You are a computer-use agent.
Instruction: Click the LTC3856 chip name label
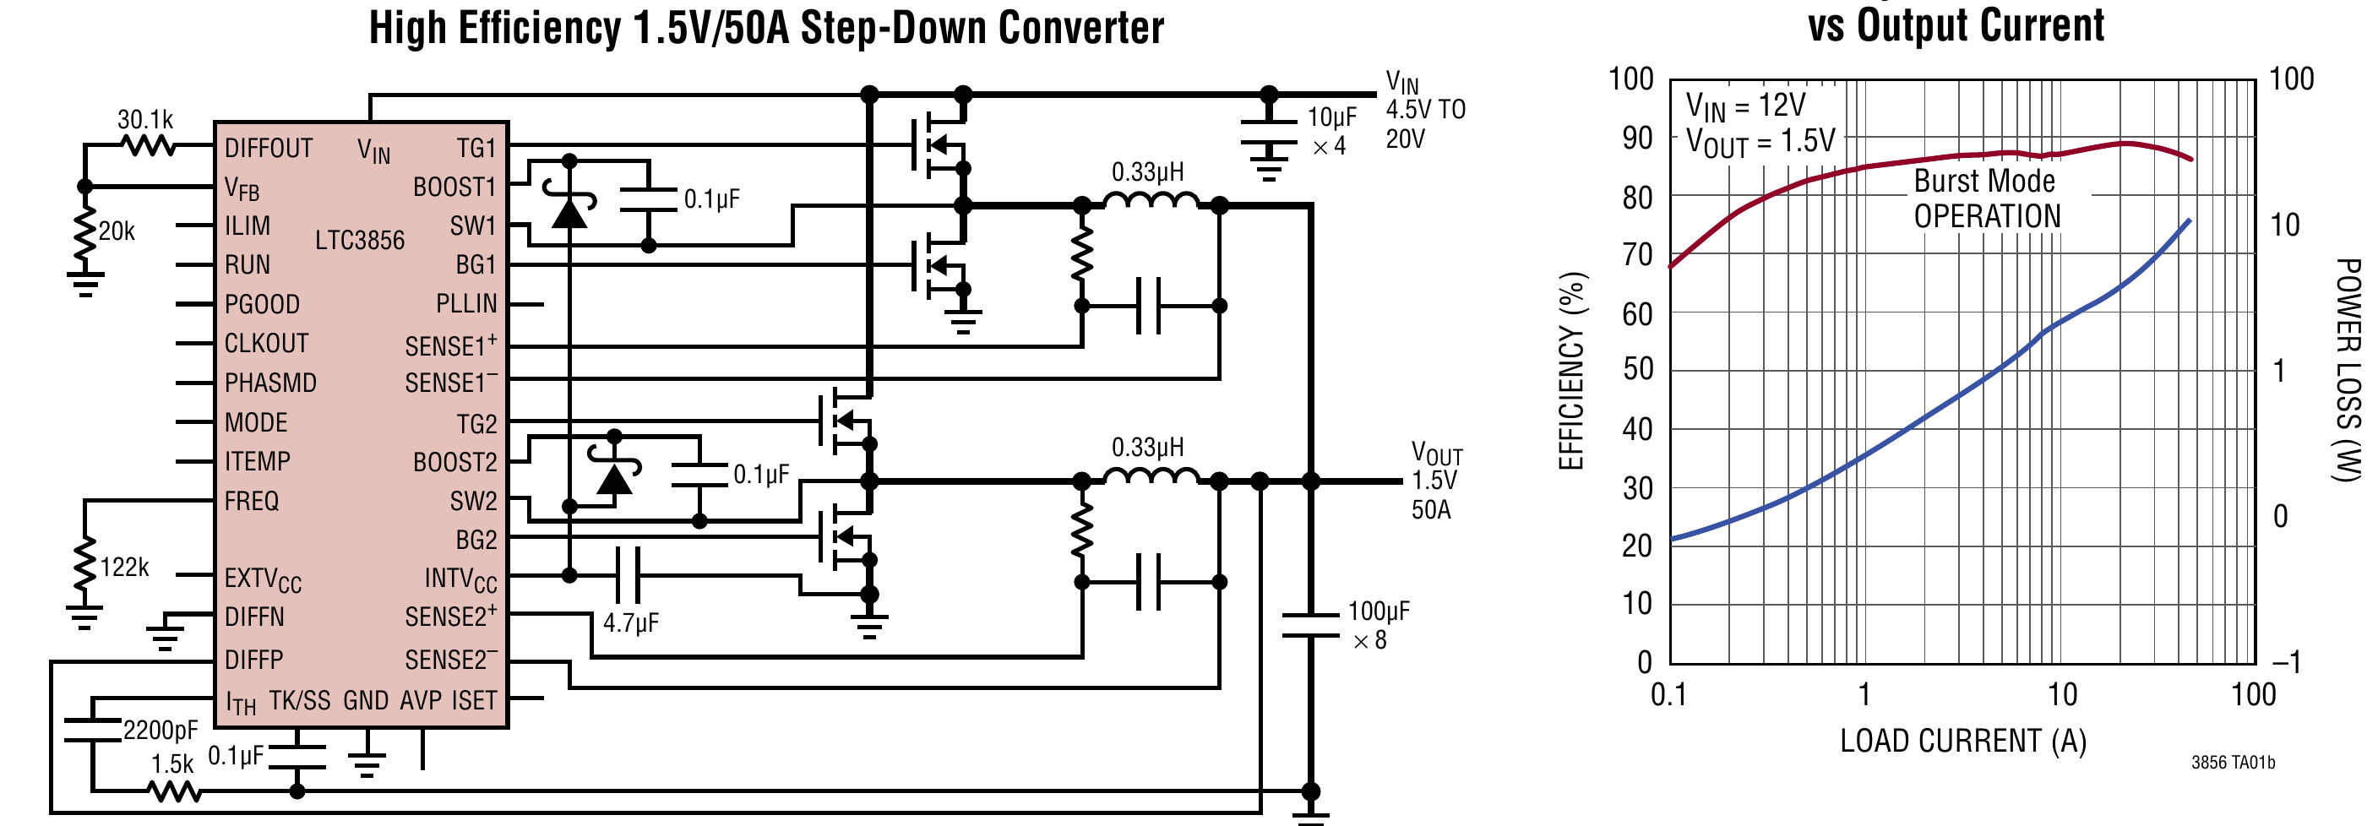pyautogui.click(x=360, y=240)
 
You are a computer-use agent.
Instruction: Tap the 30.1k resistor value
pyautogui.click(x=145, y=120)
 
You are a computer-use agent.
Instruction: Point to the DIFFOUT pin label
pyautogui.click(x=269, y=149)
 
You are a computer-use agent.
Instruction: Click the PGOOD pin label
pyautogui.click(x=262, y=305)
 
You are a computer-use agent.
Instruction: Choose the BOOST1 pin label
pyautogui.click(x=454, y=187)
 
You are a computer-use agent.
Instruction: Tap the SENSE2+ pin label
pyautogui.click(x=450, y=616)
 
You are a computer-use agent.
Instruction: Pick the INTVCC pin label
pyautogui.click(x=460, y=579)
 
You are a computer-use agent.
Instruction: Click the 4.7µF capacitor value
pyautogui.click(x=630, y=623)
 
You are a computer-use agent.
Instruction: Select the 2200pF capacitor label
pyautogui.click(x=160, y=731)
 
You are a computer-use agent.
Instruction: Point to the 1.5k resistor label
pyautogui.click(x=172, y=764)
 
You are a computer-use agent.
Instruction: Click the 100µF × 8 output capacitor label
pyautogui.click(x=1379, y=626)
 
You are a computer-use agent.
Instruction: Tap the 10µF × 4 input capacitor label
pyautogui.click(x=1331, y=131)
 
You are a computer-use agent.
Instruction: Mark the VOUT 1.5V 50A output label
pyautogui.click(x=1436, y=481)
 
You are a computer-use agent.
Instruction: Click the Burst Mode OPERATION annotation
pyautogui.click(x=1987, y=198)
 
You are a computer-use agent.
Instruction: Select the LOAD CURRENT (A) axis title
pyautogui.click(x=1963, y=741)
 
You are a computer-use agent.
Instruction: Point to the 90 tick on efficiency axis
pyautogui.click(x=1638, y=139)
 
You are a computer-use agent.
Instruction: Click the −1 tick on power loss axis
pyautogui.click(x=2286, y=661)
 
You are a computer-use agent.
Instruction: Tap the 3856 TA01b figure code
pyautogui.click(x=2233, y=763)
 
